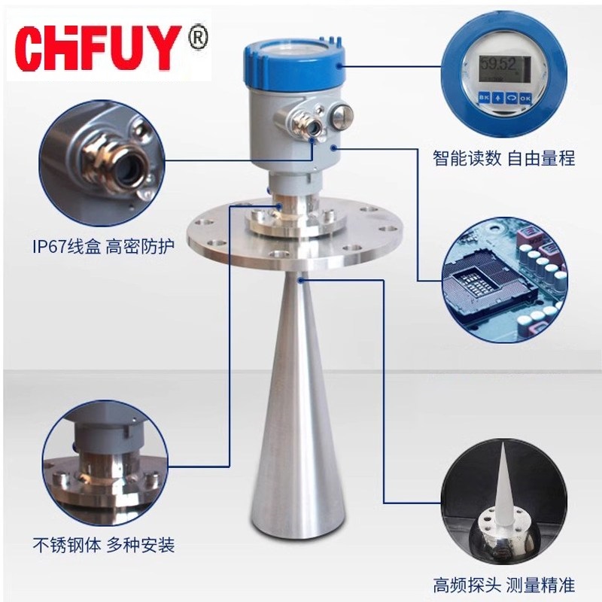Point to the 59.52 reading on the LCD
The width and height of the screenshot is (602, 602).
499,62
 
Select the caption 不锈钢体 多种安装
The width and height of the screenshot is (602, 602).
103,544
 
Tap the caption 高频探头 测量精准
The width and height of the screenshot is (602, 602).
503,584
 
